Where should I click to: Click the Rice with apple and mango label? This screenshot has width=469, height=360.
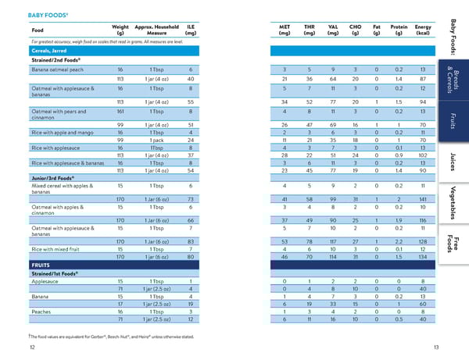(x=63, y=132)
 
